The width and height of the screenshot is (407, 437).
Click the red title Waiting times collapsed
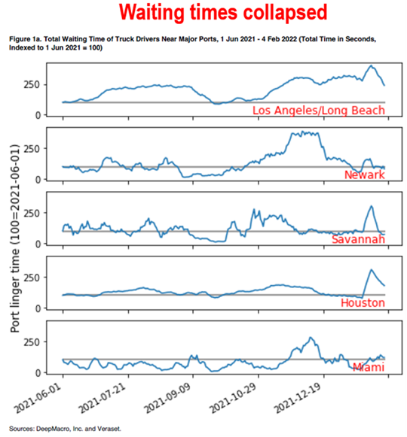point(223,13)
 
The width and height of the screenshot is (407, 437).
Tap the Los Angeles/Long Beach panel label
point(319,111)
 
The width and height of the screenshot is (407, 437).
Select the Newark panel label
point(365,174)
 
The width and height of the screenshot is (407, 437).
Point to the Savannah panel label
point(359,239)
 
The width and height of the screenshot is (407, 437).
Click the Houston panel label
point(363,303)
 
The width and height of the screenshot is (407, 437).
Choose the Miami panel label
point(369,367)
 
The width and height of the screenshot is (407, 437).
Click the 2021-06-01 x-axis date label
point(38,398)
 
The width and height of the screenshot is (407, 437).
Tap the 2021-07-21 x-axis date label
point(103,398)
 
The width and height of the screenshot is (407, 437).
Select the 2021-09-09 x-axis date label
point(167,398)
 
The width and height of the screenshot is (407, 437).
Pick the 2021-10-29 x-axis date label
point(233,398)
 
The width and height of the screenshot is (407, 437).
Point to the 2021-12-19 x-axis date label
point(298,398)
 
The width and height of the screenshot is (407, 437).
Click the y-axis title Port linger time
point(15,290)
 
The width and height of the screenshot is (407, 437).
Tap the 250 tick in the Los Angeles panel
point(32,84)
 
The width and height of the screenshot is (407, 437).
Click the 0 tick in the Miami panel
point(38,373)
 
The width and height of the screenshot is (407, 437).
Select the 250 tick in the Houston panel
point(32,278)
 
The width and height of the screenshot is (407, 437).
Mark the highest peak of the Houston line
point(371,269)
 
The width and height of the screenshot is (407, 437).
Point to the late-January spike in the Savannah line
point(372,206)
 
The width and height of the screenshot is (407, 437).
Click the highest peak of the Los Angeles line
point(371,65)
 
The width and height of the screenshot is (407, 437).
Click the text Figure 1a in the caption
point(23,39)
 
